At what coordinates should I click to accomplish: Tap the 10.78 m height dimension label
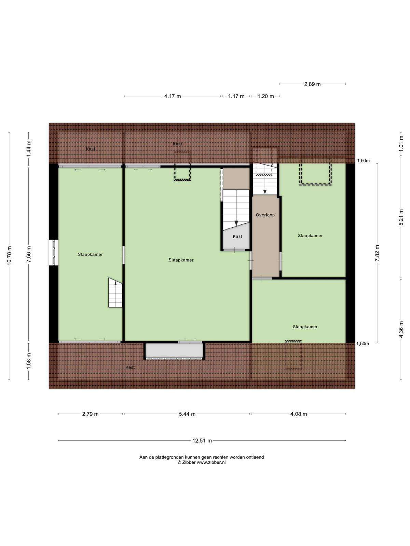tap(10, 255)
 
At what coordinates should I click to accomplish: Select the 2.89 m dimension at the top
tap(312, 84)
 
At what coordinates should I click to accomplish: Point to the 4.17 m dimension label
tap(173, 96)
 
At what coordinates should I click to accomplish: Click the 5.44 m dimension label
tap(187, 414)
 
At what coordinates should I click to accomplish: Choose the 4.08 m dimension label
tap(299, 414)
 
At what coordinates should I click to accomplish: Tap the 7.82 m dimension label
tap(377, 253)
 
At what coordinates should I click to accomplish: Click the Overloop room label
tap(265, 215)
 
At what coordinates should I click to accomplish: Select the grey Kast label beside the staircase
tap(237, 236)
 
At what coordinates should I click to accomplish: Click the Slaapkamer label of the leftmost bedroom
tap(90, 254)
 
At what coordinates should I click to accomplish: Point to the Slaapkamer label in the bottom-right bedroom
tap(305, 327)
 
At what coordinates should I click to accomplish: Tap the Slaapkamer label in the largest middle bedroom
tap(181, 260)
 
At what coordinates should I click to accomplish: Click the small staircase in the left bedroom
tap(115, 292)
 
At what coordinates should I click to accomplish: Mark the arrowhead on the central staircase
tap(236, 223)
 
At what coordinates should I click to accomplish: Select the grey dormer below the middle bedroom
tap(174, 351)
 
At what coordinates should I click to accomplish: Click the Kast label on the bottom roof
tap(130, 367)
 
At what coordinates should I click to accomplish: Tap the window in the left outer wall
tap(54, 253)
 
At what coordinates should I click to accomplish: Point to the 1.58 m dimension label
tap(29, 361)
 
